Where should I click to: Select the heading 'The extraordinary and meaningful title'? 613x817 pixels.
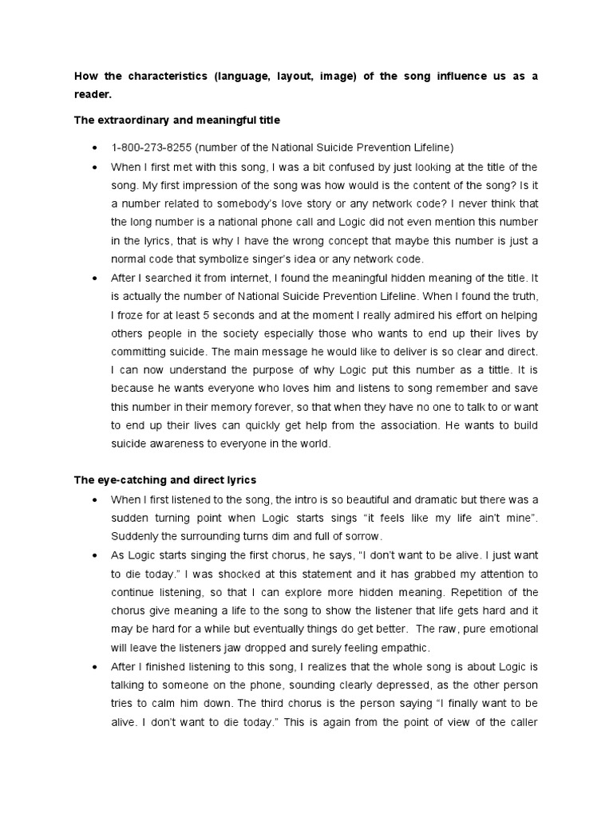click(x=176, y=120)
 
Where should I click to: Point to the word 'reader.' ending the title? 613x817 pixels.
click(x=93, y=94)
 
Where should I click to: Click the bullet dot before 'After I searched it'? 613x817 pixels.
click(x=95, y=278)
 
